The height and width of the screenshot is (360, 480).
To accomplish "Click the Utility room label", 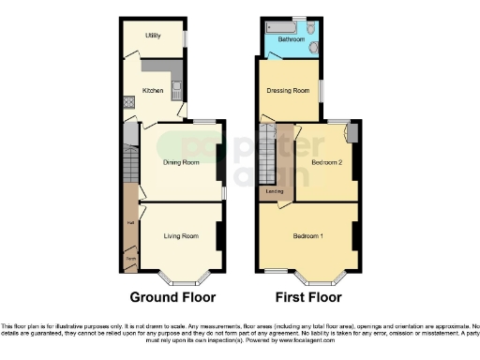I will [152, 36].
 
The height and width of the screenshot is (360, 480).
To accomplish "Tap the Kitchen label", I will [152, 91].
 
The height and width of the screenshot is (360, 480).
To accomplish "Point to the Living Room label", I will [181, 235].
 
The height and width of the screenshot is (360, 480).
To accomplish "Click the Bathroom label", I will [287, 39].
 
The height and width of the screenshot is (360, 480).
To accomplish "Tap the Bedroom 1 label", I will [307, 235].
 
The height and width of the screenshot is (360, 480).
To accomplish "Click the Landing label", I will [275, 192].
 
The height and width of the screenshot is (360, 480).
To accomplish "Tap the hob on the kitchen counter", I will [128, 104].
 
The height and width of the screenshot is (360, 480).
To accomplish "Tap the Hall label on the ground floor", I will [130, 223].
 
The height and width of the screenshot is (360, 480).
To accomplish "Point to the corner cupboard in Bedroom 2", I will [352, 132].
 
